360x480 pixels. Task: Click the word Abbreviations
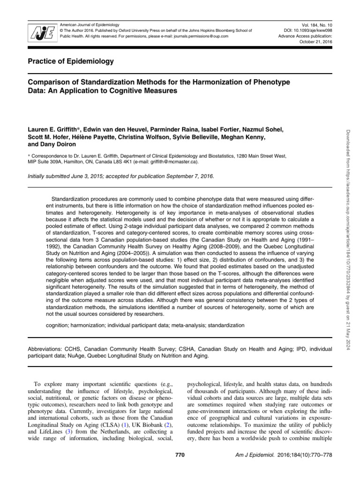pyautogui.click(x=42, y=349)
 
